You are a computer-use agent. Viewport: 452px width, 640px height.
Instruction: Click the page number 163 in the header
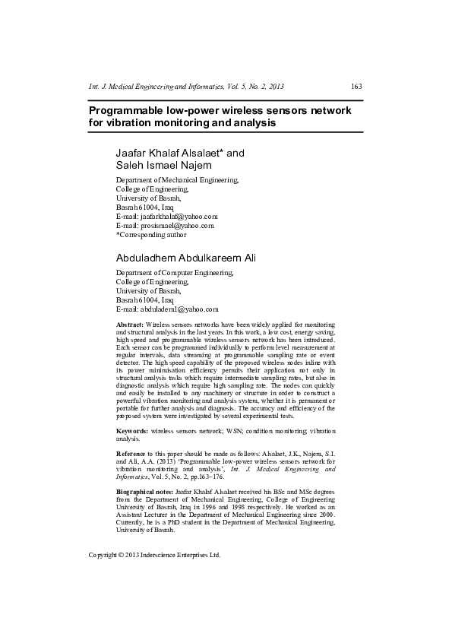tap(356, 86)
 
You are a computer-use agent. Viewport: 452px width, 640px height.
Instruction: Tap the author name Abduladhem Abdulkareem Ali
tap(186, 258)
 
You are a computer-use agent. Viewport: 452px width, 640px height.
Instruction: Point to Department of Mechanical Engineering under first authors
tap(177, 180)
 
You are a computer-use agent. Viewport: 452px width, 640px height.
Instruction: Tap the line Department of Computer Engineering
tap(175, 272)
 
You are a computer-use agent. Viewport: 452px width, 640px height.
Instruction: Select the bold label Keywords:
tap(132, 431)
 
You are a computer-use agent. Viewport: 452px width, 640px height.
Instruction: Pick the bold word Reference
tap(133, 453)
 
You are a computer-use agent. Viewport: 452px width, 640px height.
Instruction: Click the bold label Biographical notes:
tap(144, 493)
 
